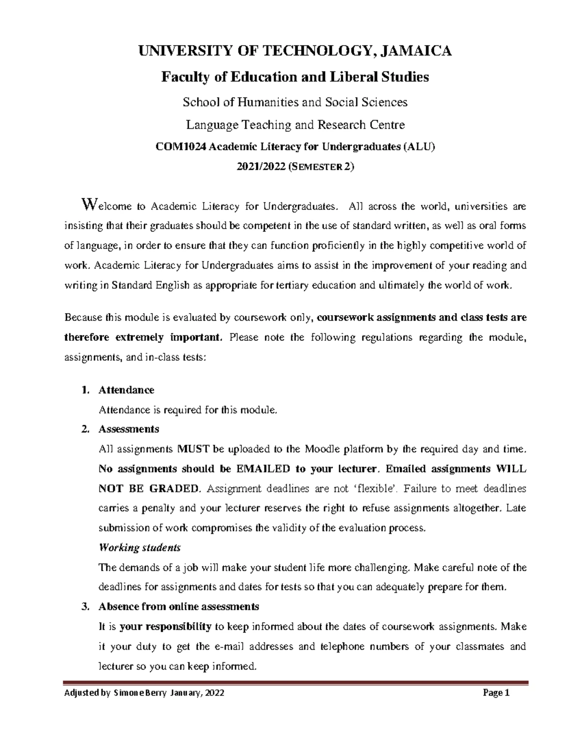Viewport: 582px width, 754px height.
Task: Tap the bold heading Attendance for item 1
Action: tap(126, 390)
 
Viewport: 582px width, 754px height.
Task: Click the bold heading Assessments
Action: tap(129, 429)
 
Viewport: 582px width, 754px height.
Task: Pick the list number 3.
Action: tap(86, 606)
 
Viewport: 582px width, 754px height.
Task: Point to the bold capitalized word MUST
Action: tap(194, 449)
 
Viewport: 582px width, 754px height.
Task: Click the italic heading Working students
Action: tap(139, 548)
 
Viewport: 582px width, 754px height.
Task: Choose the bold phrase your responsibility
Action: tap(165, 626)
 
